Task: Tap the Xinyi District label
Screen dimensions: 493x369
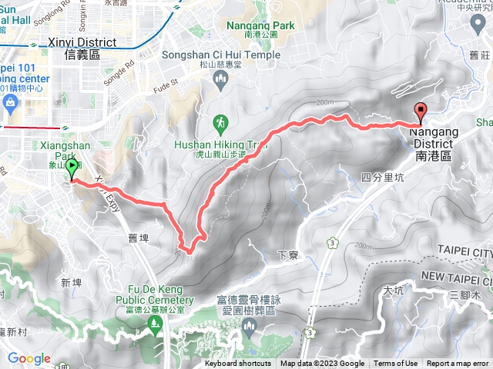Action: point(80,48)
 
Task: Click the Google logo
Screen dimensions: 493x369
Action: point(29,358)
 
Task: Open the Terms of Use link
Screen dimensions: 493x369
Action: point(396,364)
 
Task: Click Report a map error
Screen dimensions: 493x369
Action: point(459,364)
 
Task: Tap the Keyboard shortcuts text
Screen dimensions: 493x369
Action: point(238,364)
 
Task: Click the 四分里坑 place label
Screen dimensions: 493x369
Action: point(382,178)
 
